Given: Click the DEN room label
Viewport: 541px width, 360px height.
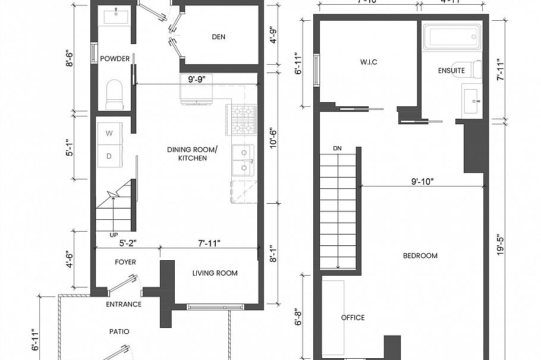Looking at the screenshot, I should [218, 37].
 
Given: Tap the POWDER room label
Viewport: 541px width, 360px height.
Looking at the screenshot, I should [115, 59].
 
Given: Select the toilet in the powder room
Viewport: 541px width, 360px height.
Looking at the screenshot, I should [114, 95].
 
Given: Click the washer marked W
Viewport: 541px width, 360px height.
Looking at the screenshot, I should [109, 134].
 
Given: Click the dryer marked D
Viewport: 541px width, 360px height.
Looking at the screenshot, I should [109, 156].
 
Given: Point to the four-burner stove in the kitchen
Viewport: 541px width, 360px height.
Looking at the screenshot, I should [242, 118].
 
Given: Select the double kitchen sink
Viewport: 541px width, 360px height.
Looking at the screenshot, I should [243, 160].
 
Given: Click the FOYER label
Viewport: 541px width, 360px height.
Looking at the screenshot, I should [125, 262].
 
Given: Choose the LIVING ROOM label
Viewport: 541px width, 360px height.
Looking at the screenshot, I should [215, 273].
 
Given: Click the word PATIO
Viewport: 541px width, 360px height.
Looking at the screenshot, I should [119, 331].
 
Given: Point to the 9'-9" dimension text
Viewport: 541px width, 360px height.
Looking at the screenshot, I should [197, 78].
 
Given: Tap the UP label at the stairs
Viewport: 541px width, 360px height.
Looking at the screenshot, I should [113, 235].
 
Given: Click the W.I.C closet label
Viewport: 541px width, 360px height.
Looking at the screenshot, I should [369, 62].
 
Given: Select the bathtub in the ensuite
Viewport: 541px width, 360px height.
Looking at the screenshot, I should [451, 37].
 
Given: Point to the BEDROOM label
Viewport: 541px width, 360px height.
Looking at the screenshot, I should [420, 256].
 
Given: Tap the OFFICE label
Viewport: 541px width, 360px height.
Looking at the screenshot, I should [353, 318].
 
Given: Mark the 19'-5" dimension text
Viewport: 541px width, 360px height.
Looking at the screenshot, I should [501, 244].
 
